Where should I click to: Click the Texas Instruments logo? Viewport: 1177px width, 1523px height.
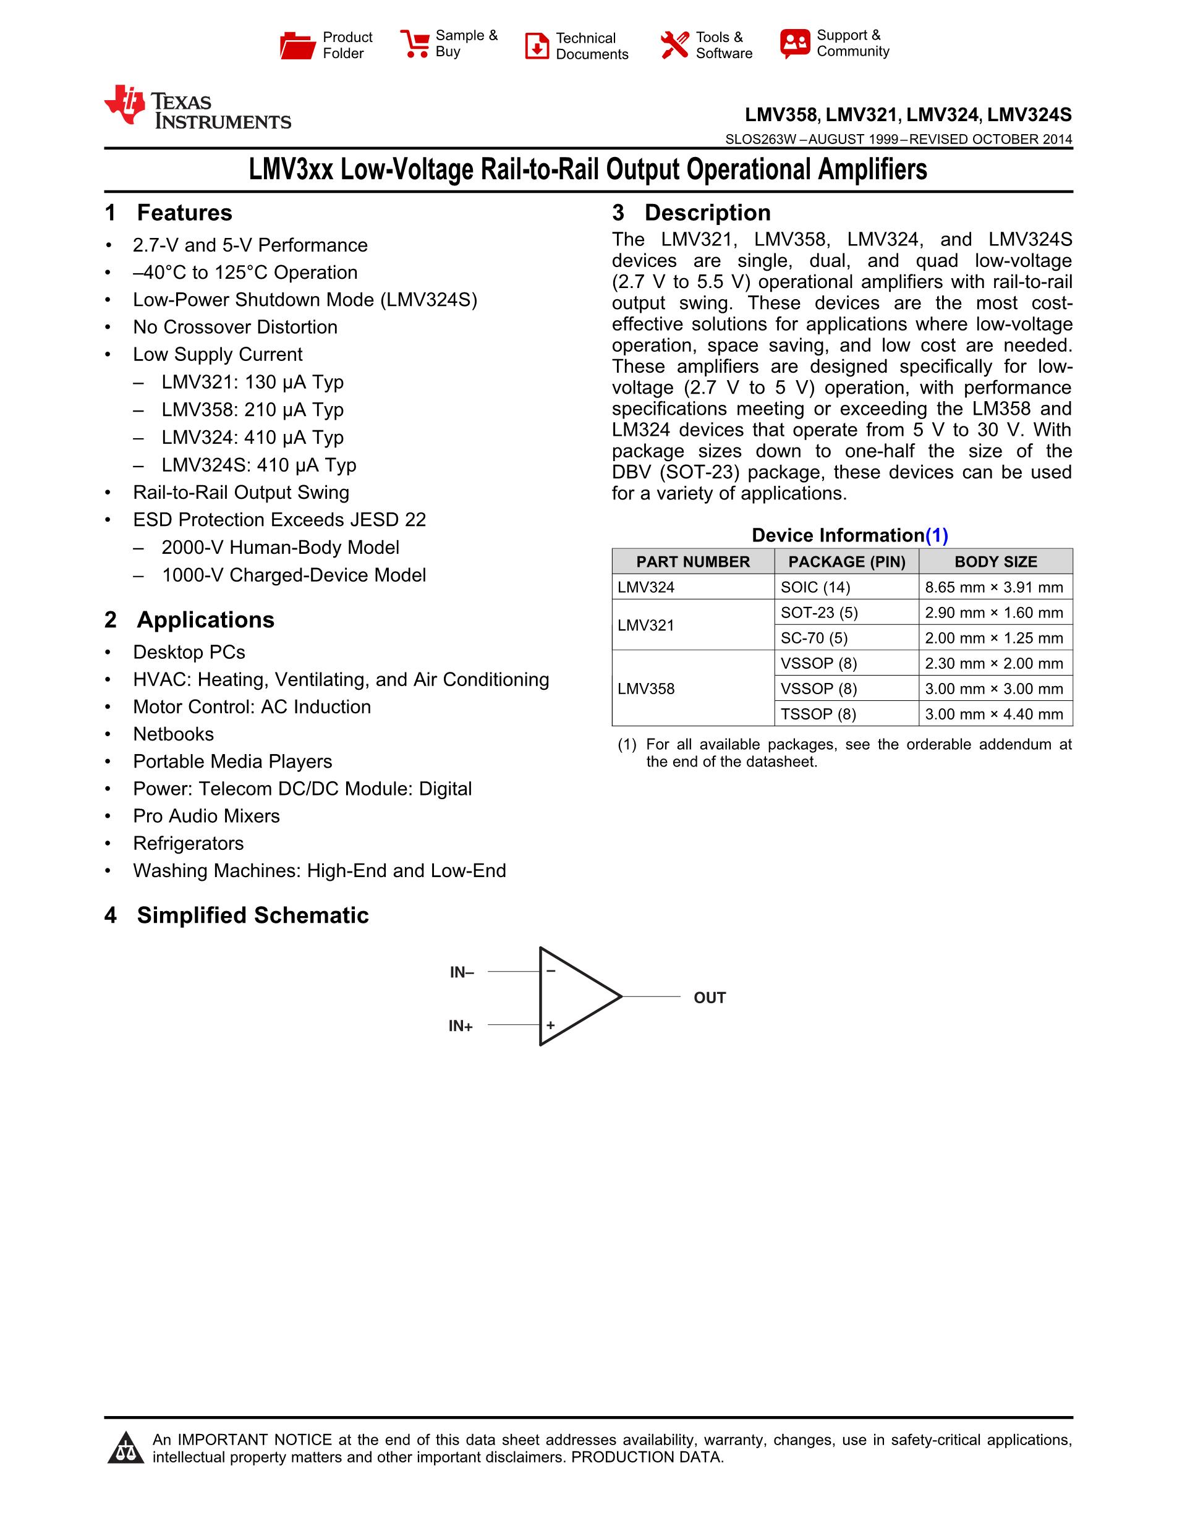pos(197,108)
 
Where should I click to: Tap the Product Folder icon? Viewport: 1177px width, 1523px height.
pos(297,45)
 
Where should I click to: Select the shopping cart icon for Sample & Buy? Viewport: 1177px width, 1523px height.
pos(415,43)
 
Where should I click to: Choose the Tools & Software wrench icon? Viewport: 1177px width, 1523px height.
pos(674,45)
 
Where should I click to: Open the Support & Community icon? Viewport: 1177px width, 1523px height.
pos(795,43)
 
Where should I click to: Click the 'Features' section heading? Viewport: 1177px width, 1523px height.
pos(184,213)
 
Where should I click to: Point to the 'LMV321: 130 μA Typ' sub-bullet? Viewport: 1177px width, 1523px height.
pos(252,382)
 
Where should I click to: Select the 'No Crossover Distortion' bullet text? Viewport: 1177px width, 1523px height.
pos(235,327)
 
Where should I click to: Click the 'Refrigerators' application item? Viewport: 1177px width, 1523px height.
pos(189,844)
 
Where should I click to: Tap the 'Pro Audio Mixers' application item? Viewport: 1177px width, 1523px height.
pos(206,817)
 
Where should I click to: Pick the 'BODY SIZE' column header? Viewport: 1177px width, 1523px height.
pos(996,562)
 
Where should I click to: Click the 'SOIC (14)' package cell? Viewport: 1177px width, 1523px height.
pos(815,587)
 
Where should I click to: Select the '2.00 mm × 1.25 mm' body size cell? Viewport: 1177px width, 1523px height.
pos(993,638)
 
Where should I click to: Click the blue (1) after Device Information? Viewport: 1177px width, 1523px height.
pos(937,535)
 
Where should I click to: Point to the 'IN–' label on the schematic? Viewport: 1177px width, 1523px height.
pos(462,972)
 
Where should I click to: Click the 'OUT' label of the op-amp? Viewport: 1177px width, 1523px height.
pos(710,998)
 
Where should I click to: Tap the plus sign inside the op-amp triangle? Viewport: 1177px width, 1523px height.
pos(551,1025)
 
